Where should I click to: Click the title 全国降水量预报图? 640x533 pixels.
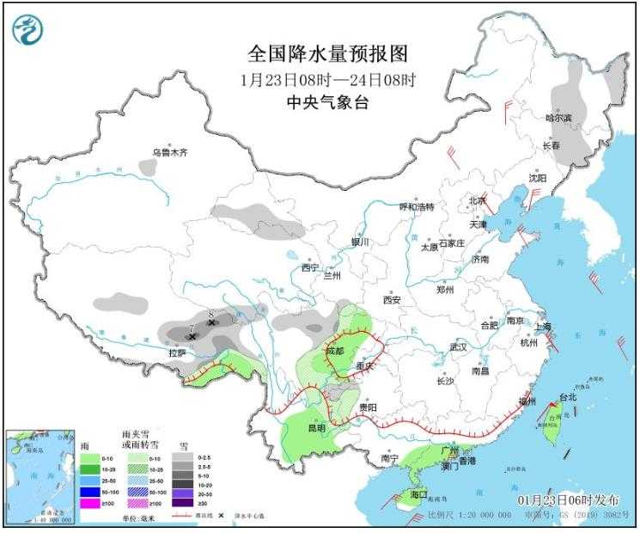coord(326,53)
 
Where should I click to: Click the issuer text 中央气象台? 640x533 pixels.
coord(326,101)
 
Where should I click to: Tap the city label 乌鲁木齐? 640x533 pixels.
coord(169,152)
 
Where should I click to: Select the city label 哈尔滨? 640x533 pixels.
coord(558,117)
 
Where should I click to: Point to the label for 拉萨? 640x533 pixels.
coord(177,352)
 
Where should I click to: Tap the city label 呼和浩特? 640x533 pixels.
coord(418,207)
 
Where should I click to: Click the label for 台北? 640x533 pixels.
coord(569,397)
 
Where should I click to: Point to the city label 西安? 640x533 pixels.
coord(392,300)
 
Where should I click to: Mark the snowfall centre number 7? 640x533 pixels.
coord(191,328)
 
